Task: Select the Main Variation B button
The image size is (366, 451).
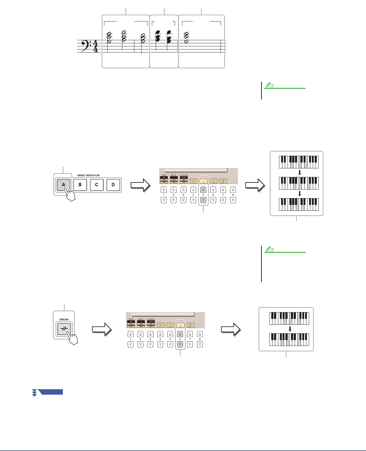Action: pyautogui.click(x=80, y=185)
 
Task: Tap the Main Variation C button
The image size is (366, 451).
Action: pyautogui.click(x=97, y=185)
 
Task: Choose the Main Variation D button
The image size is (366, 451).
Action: pyautogui.click(x=113, y=185)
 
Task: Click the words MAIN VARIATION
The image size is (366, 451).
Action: pyautogui.click(x=88, y=175)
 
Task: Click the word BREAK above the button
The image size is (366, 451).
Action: pyautogui.click(x=64, y=320)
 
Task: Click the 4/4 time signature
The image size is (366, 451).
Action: pyautogui.click(x=95, y=46)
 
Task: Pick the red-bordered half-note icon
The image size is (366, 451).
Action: pyautogui.click(x=203, y=181)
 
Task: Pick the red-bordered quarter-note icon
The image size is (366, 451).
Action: pyautogui.click(x=180, y=325)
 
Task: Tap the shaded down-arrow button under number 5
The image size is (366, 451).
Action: pyautogui.click(x=203, y=200)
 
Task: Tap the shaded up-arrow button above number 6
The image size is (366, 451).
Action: pyautogui.click(x=180, y=334)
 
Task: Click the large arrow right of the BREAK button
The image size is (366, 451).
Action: pyautogui.click(x=101, y=329)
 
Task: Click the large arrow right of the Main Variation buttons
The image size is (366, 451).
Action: pyautogui.click(x=140, y=186)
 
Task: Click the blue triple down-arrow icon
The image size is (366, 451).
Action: pyautogui.click(x=34, y=392)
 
